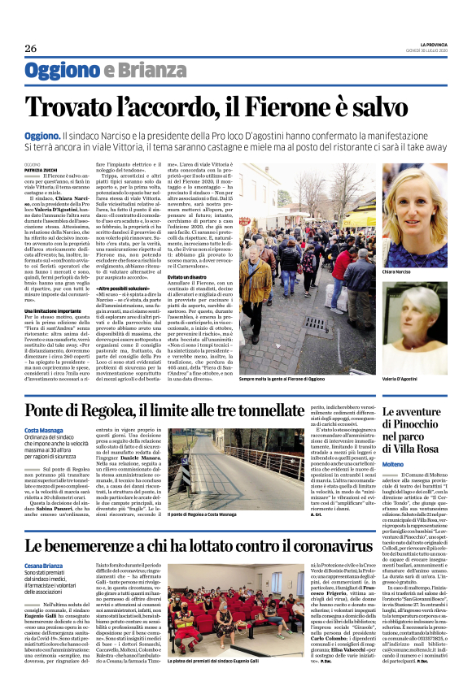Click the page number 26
30,47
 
